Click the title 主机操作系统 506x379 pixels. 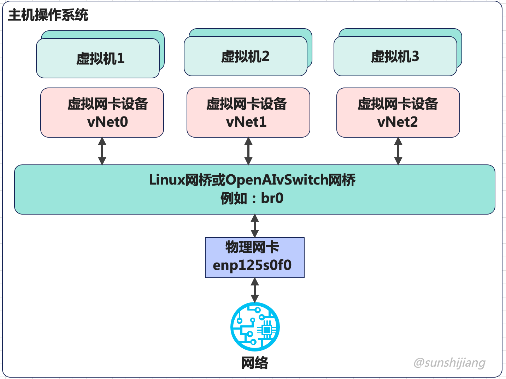click(48, 15)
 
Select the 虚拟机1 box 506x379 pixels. click(98, 58)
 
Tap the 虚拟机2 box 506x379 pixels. click(245, 56)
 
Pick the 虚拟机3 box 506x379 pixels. click(395, 56)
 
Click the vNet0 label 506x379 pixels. click(107, 122)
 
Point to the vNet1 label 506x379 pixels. click(246, 122)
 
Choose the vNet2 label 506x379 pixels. click(398, 122)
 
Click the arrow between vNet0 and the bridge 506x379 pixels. click(102, 151)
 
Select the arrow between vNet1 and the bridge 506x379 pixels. click(248, 151)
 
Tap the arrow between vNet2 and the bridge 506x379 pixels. click(398, 151)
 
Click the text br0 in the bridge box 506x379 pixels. click(272, 198)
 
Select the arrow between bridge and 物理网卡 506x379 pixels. click(255, 226)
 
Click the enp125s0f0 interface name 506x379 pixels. click(252, 265)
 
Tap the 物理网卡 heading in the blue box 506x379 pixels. click(252, 247)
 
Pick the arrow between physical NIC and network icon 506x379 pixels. click(255, 290)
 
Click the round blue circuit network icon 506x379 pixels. click(255, 327)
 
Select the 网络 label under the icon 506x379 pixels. click(255, 363)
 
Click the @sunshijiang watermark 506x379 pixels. click(449, 362)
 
